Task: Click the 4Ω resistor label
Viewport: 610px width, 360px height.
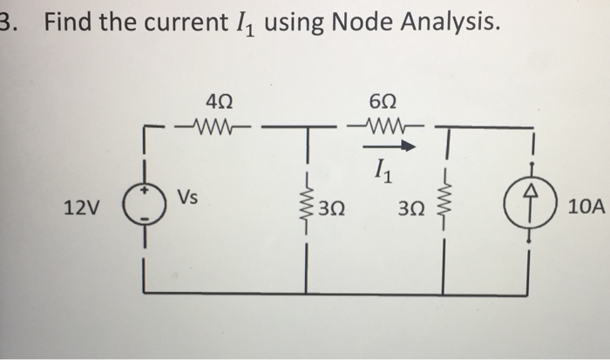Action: click(x=219, y=103)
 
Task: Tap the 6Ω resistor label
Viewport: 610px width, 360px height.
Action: click(x=383, y=103)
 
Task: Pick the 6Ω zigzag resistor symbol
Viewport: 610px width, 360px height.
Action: click(x=384, y=126)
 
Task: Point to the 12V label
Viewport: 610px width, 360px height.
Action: click(x=81, y=207)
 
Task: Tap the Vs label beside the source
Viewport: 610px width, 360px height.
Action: click(x=187, y=197)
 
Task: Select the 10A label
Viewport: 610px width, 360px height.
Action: click(x=586, y=207)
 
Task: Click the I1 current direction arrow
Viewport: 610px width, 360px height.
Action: click(x=389, y=146)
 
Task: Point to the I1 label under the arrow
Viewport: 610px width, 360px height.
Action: click(x=384, y=172)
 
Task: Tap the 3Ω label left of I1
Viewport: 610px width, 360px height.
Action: click(x=331, y=209)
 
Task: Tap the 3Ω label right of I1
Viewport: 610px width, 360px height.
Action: click(x=411, y=209)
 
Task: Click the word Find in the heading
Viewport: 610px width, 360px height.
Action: click(x=69, y=22)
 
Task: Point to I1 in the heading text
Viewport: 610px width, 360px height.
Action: click(x=246, y=24)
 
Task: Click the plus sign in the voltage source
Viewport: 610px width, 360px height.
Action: click(x=145, y=191)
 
